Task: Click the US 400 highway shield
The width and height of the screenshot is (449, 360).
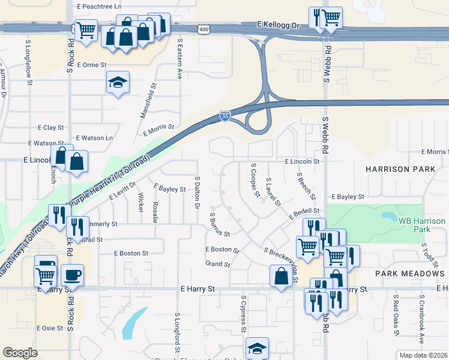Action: click(204, 29)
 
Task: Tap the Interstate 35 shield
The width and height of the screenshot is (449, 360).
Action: click(224, 115)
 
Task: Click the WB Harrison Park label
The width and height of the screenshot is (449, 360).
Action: click(422, 225)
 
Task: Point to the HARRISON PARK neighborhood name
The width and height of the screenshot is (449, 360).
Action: click(403, 169)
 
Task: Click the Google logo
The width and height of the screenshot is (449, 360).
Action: click(20, 353)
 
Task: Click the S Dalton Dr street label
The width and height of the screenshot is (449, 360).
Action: click(197, 193)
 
